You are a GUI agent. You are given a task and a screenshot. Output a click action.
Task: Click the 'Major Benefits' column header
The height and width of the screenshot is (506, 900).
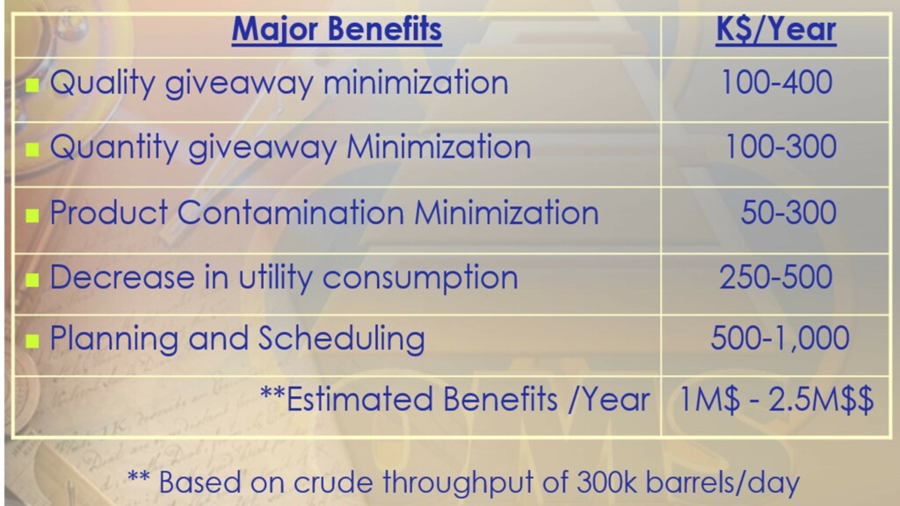pyautogui.click(x=337, y=30)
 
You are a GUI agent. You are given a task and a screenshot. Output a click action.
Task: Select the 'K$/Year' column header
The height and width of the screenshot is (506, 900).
pyautogui.click(x=776, y=30)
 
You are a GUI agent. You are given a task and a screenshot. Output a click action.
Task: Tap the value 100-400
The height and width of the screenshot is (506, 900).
pyautogui.click(x=777, y=82)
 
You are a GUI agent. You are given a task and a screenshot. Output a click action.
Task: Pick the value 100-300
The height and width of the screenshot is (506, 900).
pyautogui.click(x=780, y=147)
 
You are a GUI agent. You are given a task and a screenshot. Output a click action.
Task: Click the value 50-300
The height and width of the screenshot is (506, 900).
pyautogui.click(x=788, y=213)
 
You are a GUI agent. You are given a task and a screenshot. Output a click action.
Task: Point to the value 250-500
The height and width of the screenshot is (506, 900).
pyautogui.click(x=776, y=277)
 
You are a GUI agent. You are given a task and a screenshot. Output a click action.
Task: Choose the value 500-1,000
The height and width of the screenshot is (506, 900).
pyautogui.click(x=780, y=338)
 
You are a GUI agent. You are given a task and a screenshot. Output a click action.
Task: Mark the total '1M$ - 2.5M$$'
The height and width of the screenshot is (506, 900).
pyautogui.click(x=777, y=400)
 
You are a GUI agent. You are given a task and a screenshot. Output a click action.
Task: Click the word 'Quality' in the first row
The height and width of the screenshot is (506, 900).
pyautogui.click(x=102, y=83)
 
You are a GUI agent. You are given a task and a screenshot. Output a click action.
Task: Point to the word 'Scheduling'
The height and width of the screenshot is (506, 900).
pyautogui.click(x=342, y=340)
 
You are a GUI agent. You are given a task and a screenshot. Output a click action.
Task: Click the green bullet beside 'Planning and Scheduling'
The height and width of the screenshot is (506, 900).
pyautogui.click(x=33, y=342)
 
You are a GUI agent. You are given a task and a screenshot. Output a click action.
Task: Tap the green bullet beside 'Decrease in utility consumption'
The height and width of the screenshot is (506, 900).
pyautogui.click(x=33, y=280)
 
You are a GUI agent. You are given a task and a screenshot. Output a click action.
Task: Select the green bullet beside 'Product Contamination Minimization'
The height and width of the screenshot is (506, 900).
pyautogui.click(x=33, y=215)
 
